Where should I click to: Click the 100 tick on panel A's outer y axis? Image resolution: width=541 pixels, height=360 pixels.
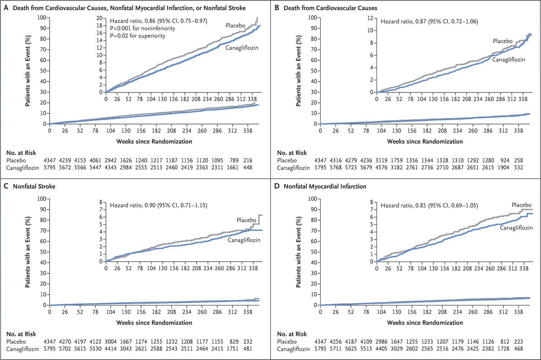coord(41,18)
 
